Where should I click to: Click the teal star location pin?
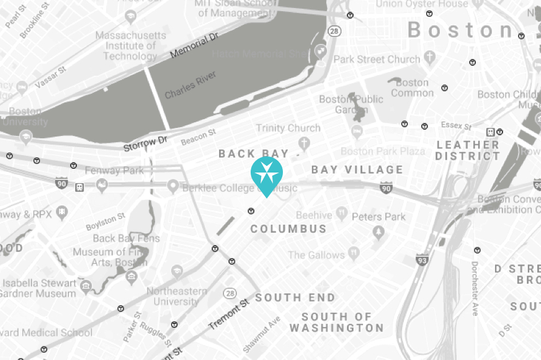tap(267, 174)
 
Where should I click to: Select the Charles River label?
tap(190, 85)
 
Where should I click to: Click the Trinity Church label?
tap(288, 128)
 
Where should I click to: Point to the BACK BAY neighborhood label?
tap(254, 154)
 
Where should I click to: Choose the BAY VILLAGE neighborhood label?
tap(357, 169)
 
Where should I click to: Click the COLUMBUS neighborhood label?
tap(288, 229)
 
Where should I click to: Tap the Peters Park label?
tap(378, 217)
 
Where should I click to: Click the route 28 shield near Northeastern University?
tap(230, 292)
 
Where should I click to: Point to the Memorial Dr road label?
tap(194, 47)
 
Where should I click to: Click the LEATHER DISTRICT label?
tap(467, 150)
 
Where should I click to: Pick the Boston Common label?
tap(412, 88)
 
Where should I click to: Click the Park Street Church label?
tap(377, 60)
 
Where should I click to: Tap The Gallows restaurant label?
tap(316, 254)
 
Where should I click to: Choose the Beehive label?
tap(313, 215)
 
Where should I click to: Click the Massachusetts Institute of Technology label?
tap(130, 46)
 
